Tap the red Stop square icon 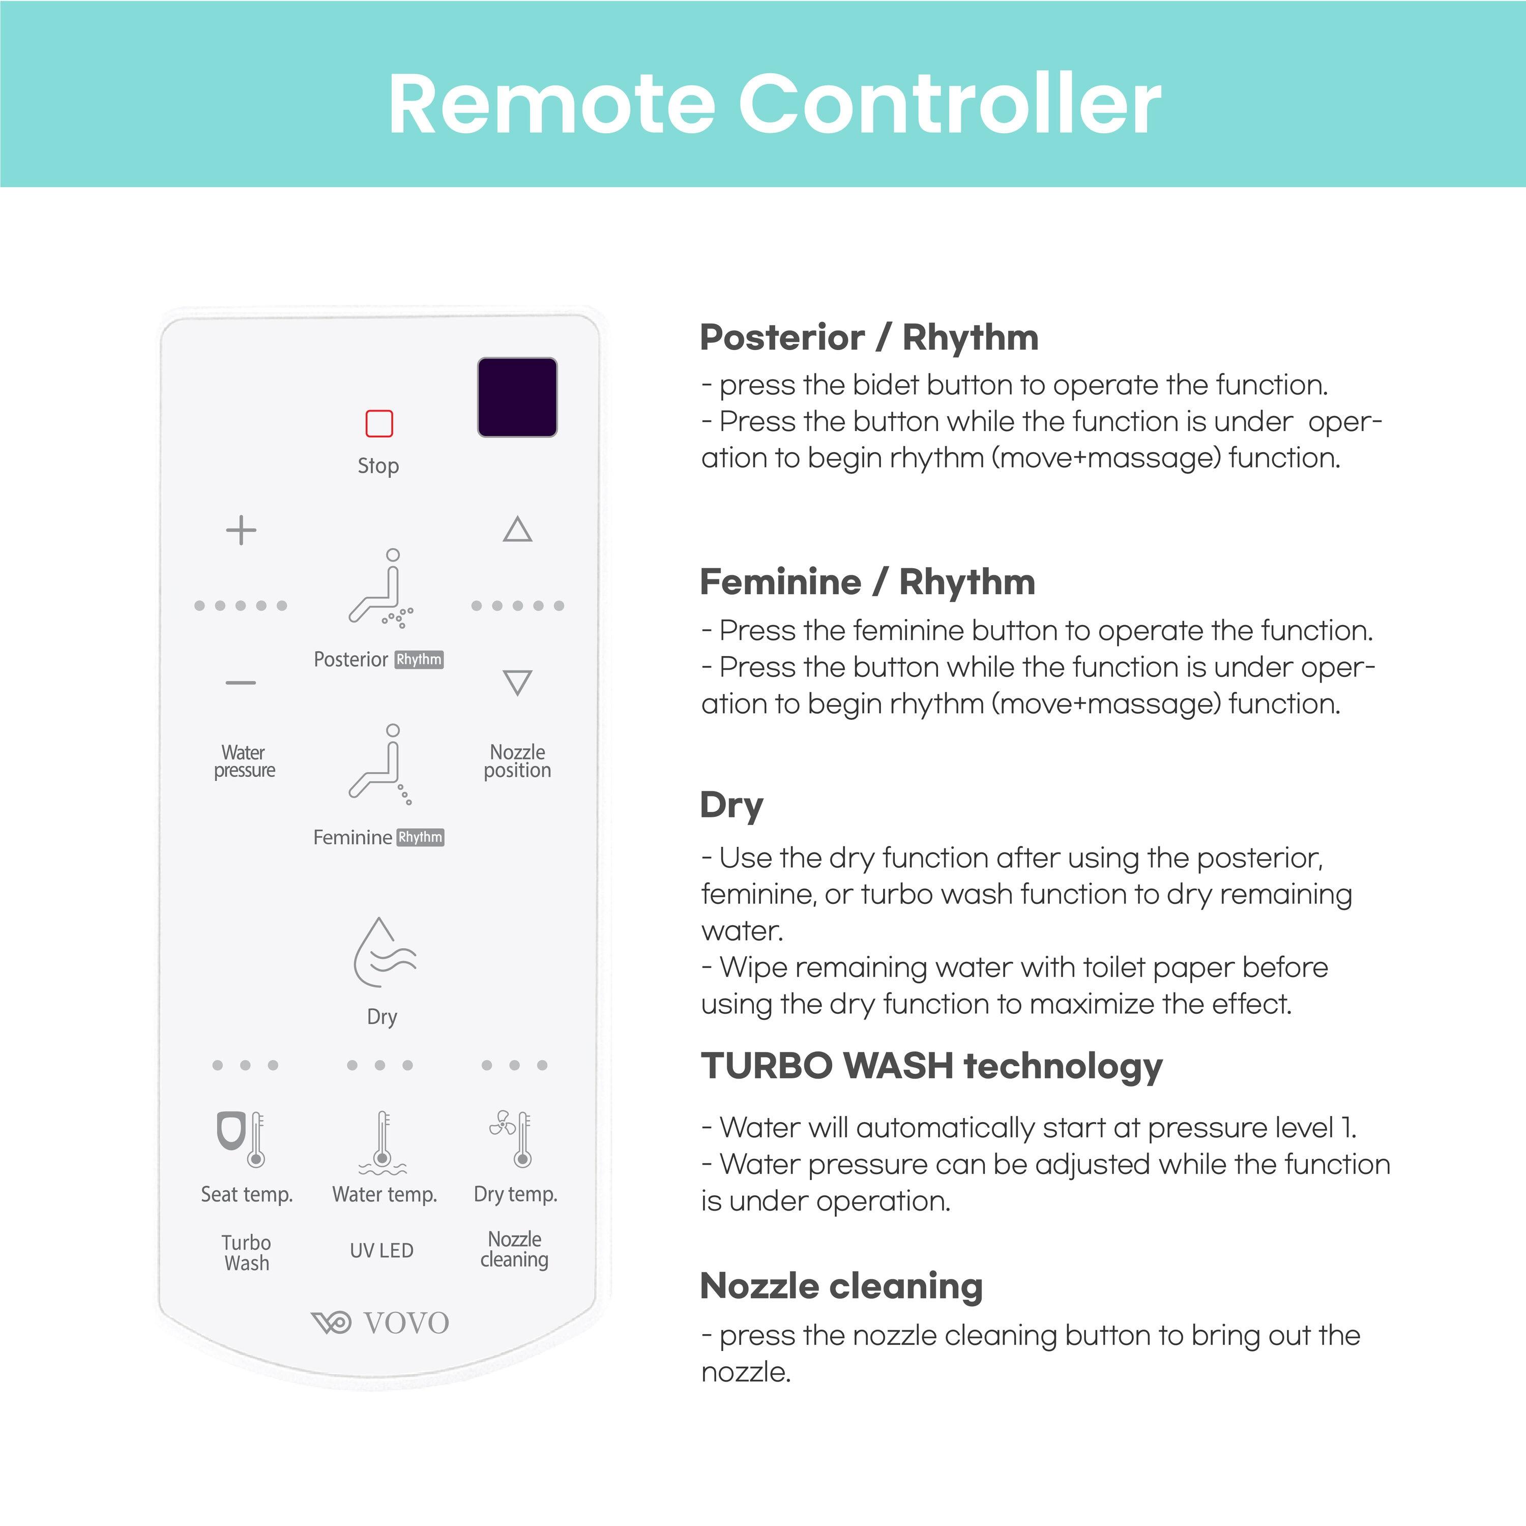[x=379, y=423]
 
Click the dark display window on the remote [x=517, y=397]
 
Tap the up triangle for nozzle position [x=517, y=529]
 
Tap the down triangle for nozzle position [x=517, y=682]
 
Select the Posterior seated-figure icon [x=380, y=589]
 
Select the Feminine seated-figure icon [x=380, y=764]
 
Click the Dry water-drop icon [x=383, y=953]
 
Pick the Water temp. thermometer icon [x=383, y=1142]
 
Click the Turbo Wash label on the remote [x=246, y=1253]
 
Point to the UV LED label [x=382, y=1250]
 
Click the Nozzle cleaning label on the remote [x=514, y=1249]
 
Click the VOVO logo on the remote [x=380, y=1322]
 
